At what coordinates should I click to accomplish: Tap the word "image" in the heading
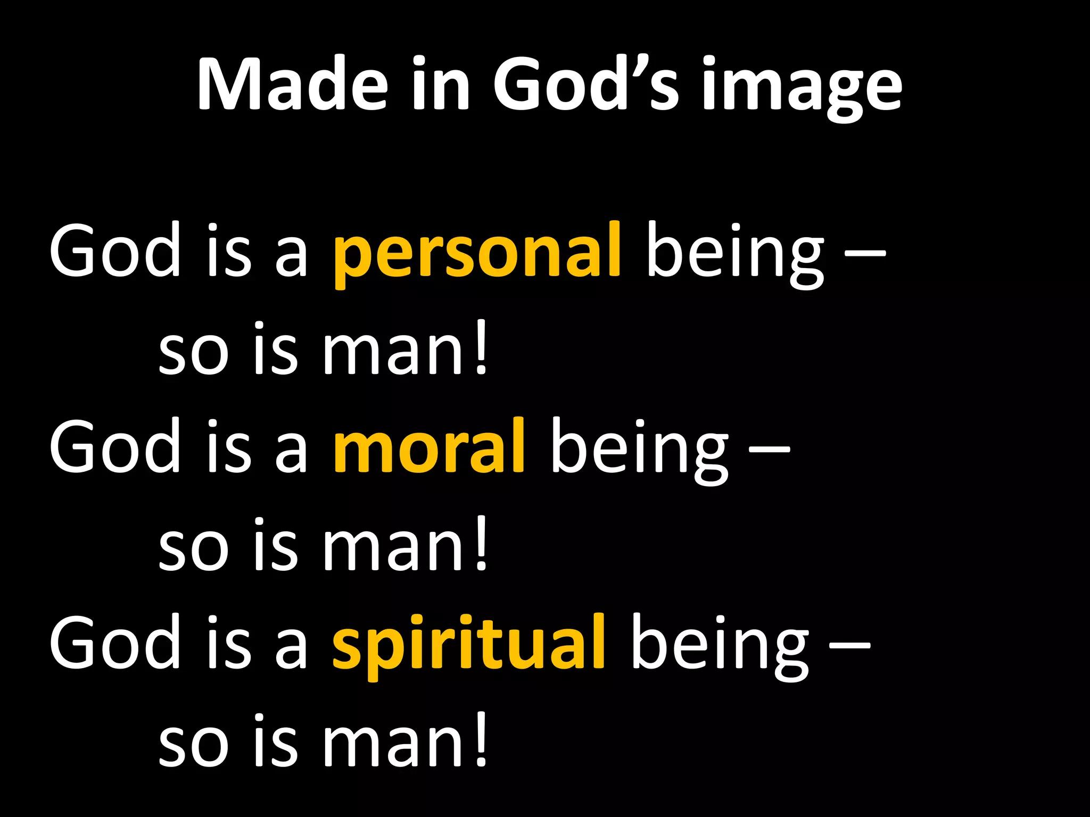click(x=801, y=88)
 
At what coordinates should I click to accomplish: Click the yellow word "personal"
click(x=477, y=253)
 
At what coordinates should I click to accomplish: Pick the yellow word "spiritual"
click(x=468, y=644)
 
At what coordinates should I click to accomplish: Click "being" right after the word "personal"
click(x=734, y=253)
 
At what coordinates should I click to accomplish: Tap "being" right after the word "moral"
click(x=639, y=447)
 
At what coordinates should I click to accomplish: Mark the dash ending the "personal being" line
click(x=865, y=255)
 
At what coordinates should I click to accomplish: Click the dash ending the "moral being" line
click(x=769, y=449)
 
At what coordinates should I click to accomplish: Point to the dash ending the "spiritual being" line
click(x=850, y=646)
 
